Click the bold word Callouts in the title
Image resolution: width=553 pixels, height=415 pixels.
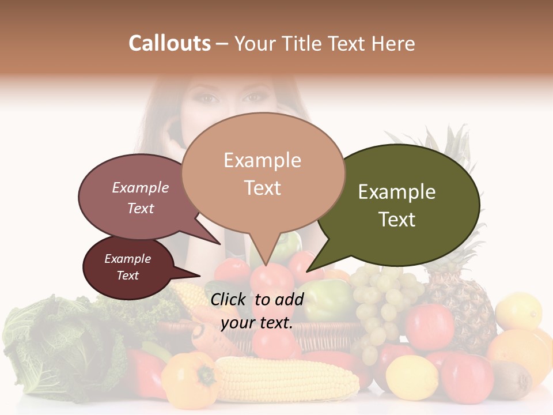(169, 43)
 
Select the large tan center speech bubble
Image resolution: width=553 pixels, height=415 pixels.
(263, 173)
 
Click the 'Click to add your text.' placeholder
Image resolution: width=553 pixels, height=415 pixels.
(256, 311)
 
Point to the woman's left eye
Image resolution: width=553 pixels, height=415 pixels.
(209, 99)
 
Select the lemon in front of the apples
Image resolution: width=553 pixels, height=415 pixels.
(412, 378)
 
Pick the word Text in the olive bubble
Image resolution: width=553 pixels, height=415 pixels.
(397, 219)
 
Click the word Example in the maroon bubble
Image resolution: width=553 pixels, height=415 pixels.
(127, 259)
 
